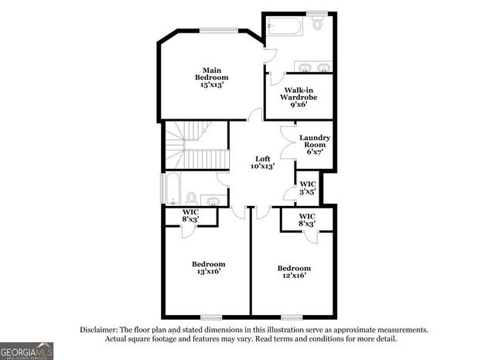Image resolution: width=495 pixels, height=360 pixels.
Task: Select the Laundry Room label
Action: tap(315, 145)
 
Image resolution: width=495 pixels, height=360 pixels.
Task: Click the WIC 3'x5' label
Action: tap(307, 187)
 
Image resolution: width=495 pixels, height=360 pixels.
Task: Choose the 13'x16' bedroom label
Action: tap(208, 268)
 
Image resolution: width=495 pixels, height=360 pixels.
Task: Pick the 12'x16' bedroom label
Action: tap(294, 273)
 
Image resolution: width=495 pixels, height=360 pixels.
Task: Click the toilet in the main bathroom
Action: tap(317, 23)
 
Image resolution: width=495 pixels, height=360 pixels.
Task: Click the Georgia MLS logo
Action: tap(26, 350)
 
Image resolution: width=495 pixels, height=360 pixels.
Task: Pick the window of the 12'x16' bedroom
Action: tap(292, 317)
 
